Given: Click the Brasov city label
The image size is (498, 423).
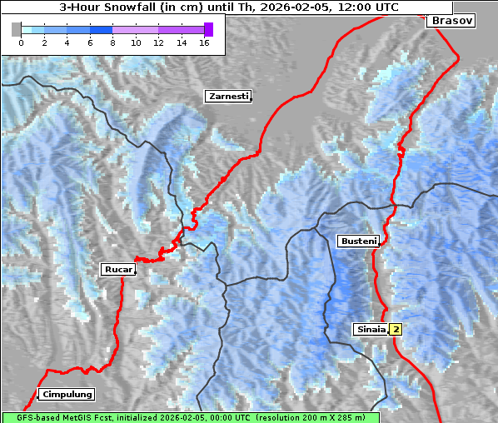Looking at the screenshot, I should click(x=451, y=21).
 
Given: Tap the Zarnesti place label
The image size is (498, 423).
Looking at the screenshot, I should click(x=227, y=97).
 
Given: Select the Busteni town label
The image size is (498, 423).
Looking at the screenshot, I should click(x=357, y=241).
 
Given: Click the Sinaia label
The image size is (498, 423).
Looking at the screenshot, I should click(x=371, y=329).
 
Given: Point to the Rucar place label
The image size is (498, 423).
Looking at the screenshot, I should click(x=117, y=269).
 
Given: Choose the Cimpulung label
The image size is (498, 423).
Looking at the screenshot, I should click(x=66, y=394).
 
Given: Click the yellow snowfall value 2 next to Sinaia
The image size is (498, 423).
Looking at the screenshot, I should click(x=396, y=329).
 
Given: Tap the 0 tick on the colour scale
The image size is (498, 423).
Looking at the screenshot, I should click(x=21, y=43).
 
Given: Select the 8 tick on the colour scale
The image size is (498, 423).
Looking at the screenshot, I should click(x=112, y=43).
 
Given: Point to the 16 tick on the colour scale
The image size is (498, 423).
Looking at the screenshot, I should click(x=204, y=43).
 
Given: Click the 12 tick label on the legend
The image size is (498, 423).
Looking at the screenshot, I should click(x=158, y=43).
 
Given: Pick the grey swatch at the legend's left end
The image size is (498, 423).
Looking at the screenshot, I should click(x=16, y=29).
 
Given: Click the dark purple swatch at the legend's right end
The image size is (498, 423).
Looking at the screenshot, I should click(x=208, y=29).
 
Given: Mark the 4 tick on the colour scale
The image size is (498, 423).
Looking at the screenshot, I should click(x=67, y=43).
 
